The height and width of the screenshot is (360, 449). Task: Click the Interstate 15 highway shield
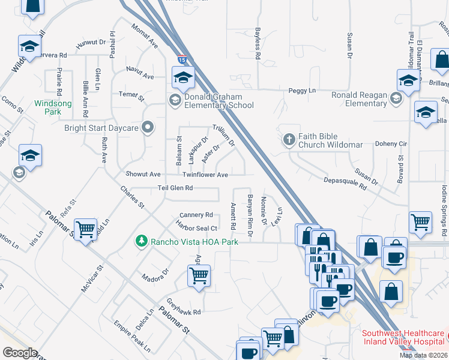coord(182,59)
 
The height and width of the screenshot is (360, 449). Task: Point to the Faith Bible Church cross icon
coord(289,140)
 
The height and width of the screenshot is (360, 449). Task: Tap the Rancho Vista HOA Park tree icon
coord(142,241)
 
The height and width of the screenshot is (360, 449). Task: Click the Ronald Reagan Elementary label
coord(360,99)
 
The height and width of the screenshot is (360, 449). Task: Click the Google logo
coord(19,353)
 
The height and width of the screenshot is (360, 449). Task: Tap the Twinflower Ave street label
coord(205,175)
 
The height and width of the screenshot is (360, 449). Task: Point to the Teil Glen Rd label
coord(175,188)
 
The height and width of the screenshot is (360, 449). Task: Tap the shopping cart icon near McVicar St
coord(86,229)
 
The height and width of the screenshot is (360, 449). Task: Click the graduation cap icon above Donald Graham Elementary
coord(183,77)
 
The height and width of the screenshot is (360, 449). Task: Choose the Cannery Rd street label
coord(196,215)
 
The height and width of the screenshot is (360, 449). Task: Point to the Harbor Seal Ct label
coord(196,227)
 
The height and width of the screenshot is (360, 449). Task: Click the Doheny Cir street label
coord(391,144)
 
